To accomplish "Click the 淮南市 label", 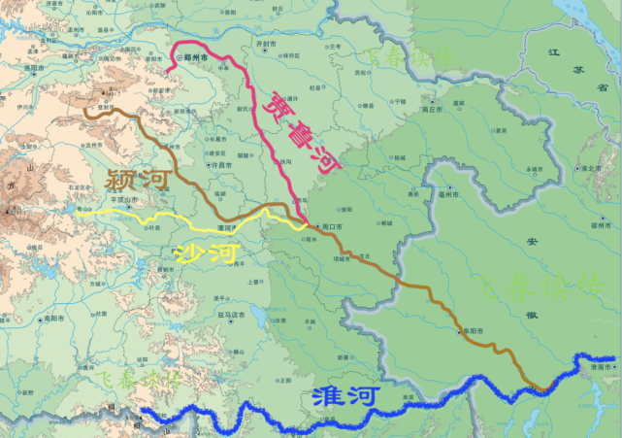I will coord(600,368).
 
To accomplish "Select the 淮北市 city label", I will coord(588,168).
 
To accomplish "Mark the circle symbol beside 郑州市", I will coord(181,58).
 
